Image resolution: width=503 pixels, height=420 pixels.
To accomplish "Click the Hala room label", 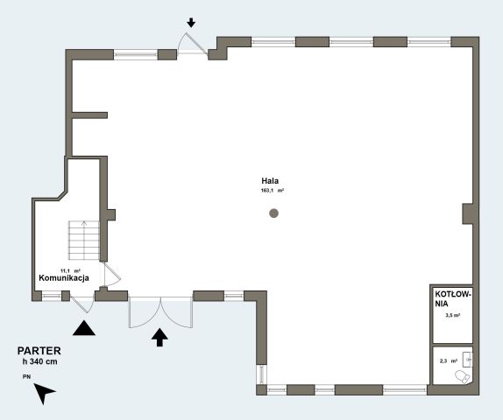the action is click(270, 180).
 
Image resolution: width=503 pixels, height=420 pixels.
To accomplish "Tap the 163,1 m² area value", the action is click(273, 190).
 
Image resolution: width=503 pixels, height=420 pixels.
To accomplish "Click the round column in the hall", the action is click(273, 213).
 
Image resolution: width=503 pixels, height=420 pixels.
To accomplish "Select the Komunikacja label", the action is click(64, 277).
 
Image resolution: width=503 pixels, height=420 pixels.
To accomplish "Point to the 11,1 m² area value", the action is click(70, 270).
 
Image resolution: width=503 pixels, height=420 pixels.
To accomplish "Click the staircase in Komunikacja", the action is click(84, 241).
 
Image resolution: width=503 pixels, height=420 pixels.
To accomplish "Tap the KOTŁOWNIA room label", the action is click(453, 298).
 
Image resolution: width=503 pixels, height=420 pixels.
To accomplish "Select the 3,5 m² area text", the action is click(453, 315).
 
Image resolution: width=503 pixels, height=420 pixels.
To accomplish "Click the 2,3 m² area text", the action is click(449, 360).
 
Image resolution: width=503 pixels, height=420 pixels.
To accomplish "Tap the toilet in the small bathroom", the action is click(463, 377).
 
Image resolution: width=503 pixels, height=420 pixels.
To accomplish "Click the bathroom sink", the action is click(467, 360).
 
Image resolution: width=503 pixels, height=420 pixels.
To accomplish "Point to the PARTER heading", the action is click(39, 351).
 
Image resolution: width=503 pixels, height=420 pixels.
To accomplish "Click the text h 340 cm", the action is click(39, 361).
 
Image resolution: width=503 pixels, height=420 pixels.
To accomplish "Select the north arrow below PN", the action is click(44, 393).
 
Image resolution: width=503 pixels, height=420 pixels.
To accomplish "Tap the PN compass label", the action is click(26, 377).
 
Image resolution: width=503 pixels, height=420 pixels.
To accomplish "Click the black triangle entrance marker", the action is click(84, 328).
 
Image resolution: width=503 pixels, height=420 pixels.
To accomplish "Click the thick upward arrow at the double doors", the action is click(159, 338).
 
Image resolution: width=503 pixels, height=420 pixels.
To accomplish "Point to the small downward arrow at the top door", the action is click(191, 23).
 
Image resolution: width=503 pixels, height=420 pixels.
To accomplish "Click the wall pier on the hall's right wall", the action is click(468, 213).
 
